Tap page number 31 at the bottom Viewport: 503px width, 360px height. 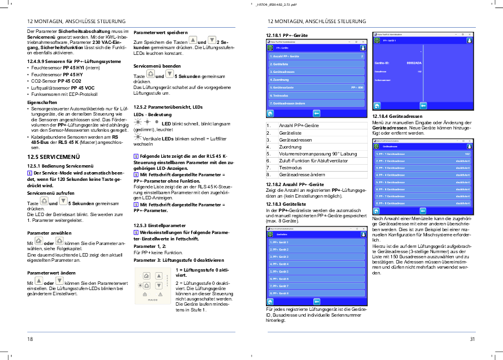tap(472, 339)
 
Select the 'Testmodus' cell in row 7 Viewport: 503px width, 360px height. tap(291, 168)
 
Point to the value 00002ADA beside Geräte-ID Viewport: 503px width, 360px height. tap(414, 62)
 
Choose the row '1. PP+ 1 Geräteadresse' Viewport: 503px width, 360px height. tap(391, 154)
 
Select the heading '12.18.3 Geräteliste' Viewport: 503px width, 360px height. tap(286, 203)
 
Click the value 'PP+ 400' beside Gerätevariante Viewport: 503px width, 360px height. tap(357, 87)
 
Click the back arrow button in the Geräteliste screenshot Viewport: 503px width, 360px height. tap(317, 301)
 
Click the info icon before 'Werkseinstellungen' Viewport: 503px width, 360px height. tap(136, 232)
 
